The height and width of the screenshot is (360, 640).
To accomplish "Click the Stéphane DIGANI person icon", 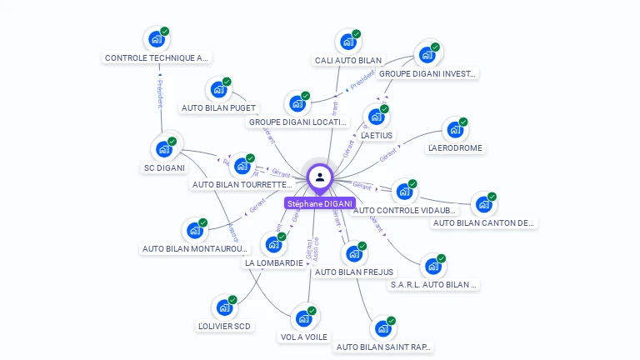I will tap(320, 177).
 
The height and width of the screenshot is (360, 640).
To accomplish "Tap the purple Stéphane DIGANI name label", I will tap(320, 203).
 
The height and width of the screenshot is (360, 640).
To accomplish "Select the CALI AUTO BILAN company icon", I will tap(348, 41).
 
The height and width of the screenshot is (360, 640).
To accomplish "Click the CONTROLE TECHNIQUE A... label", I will tap(157, 58).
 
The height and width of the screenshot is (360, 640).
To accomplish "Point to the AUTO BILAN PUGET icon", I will tap(218, 89).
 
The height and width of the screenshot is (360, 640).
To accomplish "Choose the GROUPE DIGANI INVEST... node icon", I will tap(427, 55).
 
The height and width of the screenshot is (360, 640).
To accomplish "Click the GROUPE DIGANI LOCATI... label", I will tap(297, 122).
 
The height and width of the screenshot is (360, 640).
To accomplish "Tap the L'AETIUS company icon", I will tap(377, 116).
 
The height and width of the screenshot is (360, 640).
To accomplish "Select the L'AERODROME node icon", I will tap(455, 129).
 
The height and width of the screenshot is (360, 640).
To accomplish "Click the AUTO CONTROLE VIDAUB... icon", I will tap(404, 191).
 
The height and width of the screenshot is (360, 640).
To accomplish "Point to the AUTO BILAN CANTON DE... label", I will tap(483, 222).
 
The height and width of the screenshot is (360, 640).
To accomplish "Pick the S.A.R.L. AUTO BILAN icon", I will tap(433, 266).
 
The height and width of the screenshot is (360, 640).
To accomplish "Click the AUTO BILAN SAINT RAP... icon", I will tap(383, 328).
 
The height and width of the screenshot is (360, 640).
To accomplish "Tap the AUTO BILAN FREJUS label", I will tap(354, 272).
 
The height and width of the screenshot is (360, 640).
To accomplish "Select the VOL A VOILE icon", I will tap(304, 317).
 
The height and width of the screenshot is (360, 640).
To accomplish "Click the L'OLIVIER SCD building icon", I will tap(224, 307).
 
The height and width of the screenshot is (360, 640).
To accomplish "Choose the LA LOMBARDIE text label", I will tap(273, 263).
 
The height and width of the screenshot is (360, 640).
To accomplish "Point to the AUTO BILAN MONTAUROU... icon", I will tap(195, 229).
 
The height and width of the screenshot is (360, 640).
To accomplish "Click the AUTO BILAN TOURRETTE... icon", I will tap(242, 165).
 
